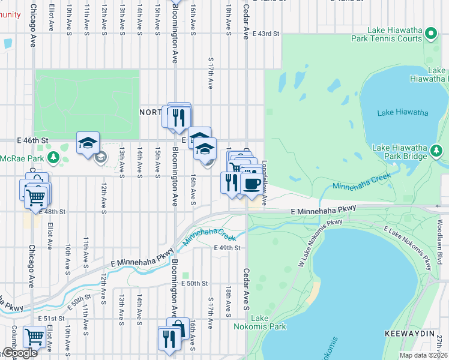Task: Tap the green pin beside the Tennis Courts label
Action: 432,34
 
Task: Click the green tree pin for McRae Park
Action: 53,158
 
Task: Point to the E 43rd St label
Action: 267,34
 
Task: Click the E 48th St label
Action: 52,212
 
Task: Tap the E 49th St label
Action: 227,248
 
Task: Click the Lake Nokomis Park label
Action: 268,322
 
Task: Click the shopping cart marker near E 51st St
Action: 34,337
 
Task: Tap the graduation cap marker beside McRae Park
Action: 88,143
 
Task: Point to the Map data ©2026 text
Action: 424,355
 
